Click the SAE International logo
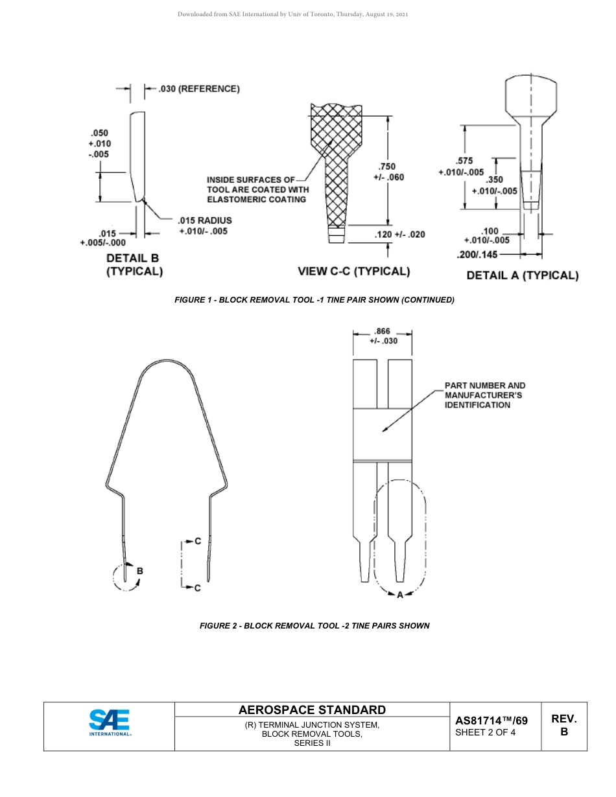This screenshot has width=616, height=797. tap(110, 722)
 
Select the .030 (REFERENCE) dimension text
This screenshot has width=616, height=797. tap(199, 89)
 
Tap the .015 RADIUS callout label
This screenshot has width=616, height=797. tap(204, 221)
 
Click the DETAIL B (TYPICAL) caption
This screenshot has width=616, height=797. tap(134, 264)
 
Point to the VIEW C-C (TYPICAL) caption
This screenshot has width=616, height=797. tap(353, 271)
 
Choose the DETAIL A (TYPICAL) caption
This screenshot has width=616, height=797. tap(522, 275)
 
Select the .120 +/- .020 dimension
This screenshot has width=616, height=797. tap(400, 234)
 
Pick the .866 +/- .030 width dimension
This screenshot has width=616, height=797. tap(383, 336)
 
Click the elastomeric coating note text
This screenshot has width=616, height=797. tap(257, 189)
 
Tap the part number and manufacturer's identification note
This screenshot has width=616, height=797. tap(485, 395)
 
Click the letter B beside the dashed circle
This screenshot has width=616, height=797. tap(139, 571)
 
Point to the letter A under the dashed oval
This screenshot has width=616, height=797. tap(399, 594)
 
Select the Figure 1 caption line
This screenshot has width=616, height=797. tap(314, 300)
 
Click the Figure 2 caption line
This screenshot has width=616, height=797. tap(314, 625)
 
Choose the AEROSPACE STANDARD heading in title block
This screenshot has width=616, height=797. tap(312, 710)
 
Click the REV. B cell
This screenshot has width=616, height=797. tap(563, 725)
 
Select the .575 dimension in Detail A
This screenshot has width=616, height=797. tap(464, 161)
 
